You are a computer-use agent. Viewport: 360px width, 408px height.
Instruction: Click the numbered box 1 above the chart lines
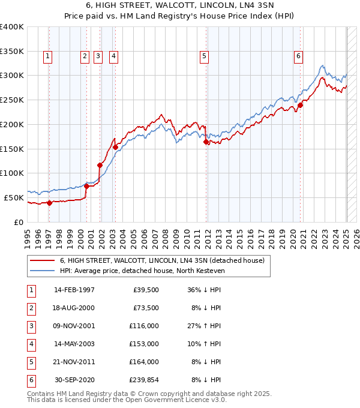[47, 56]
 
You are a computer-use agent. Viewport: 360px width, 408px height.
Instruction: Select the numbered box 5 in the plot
[205, 56]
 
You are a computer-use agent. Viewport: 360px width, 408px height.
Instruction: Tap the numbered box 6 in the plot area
[298, 56]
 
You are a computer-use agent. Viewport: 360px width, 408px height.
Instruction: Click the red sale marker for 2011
[206, 142]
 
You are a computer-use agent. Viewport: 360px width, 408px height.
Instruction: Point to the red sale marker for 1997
[49, 203]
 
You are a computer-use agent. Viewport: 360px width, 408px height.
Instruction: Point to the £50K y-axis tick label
[14, 197]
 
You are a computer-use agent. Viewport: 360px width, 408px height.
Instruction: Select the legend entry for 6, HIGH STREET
[166, 260]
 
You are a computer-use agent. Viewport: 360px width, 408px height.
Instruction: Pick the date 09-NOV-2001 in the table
[74, 326]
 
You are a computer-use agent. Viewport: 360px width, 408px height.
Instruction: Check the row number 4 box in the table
[30, 344]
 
